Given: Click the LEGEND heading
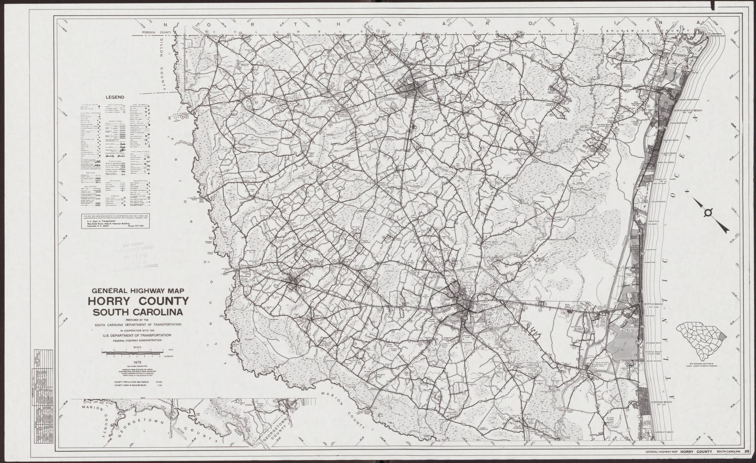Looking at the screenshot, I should (x=114, y=98).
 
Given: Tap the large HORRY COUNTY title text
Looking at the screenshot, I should (x=138, y=302).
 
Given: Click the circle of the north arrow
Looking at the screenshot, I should (x=708, y=213).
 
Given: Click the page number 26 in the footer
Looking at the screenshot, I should (x=747, y=452).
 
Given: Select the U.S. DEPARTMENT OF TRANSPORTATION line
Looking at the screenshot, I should (x=138, y=335).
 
